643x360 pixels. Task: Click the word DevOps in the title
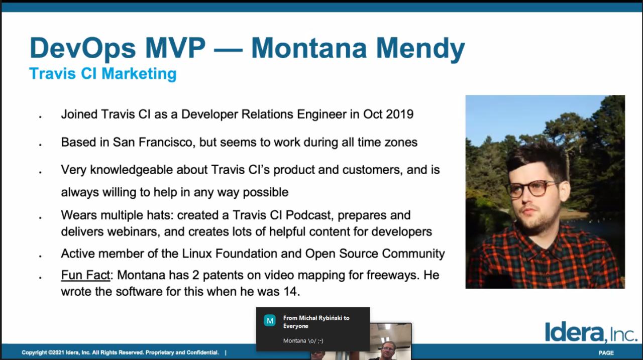click(x=83, y=49)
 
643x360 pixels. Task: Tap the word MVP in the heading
click(x=175, y=48)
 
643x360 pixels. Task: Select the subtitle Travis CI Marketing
click(x=103, y=73)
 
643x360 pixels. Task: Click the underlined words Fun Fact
click(x=85, y=275)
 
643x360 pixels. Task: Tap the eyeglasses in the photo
click(x=533, y=188)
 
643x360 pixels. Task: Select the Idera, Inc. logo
click(x=590, y=333)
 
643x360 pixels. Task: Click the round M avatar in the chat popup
click(x=270, y=321)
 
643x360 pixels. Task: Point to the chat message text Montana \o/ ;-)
click(x=303, y=341)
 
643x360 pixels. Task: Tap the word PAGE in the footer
click(x=606, y=353)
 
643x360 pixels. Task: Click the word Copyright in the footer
click(x=34, y=352)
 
